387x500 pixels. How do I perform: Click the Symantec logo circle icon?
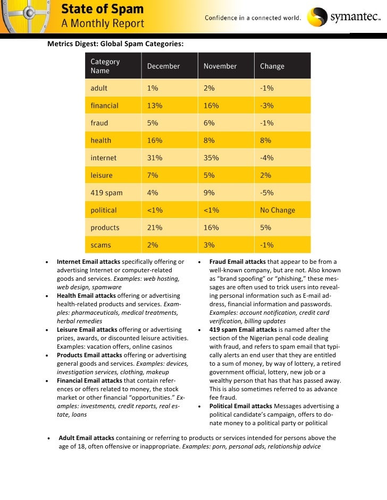pos(318,18)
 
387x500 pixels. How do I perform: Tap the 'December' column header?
pos(163,66)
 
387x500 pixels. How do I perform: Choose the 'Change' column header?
pos(272,66)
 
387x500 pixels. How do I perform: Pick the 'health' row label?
pos(101,141)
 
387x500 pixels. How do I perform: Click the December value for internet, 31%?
pos(155,158)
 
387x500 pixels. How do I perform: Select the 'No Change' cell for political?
pos(277,210)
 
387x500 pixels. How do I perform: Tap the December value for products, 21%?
pos(155,228)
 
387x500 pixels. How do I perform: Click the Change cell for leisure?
pos(265,175)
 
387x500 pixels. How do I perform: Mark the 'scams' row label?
pos(100,245)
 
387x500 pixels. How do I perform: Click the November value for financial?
pos(211,106)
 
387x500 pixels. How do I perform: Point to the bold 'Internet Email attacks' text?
pos(89,262)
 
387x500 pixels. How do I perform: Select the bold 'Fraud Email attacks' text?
pos(237,262)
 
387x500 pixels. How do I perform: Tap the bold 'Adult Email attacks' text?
pos(86,438)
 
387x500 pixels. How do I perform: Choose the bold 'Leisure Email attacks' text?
pos(87,330)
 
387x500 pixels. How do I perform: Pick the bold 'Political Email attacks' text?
pos(241,406)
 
